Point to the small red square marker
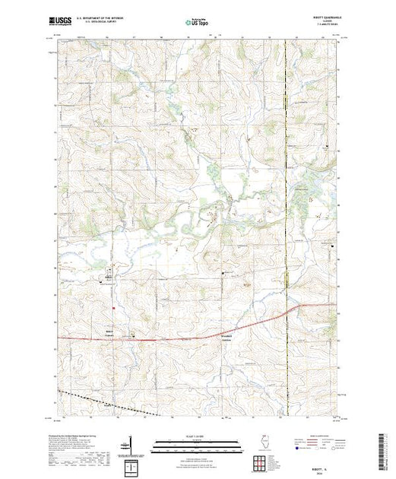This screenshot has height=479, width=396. [x=113, y=308]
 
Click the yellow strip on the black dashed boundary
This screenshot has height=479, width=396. [x=286, y=278]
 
